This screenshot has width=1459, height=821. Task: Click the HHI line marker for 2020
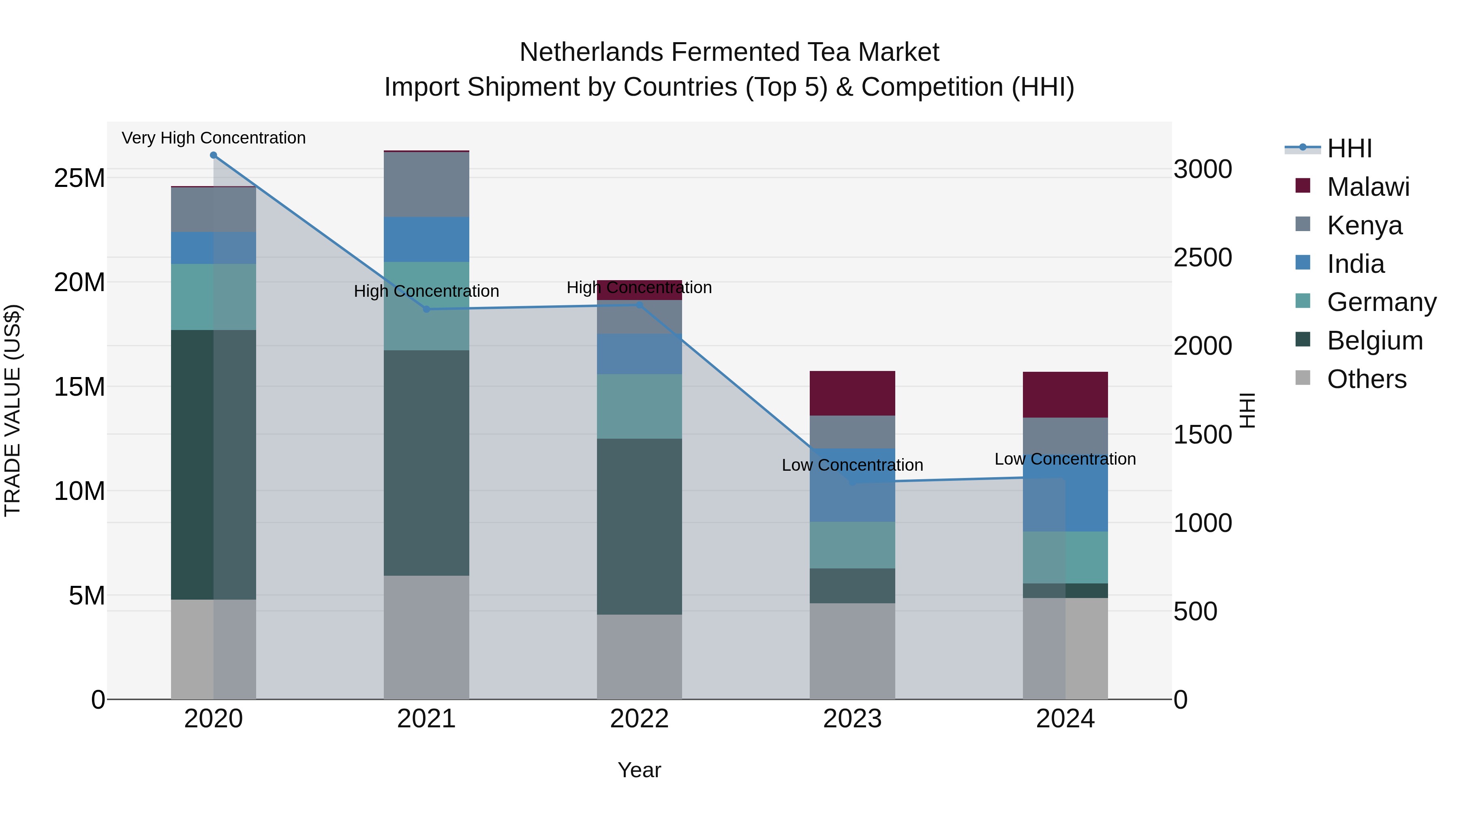pos(214,155)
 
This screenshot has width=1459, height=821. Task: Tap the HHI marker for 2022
pos(640,305)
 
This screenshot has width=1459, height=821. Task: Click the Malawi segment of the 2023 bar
pos(852,393)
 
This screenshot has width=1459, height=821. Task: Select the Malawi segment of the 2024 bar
pos(1065,395)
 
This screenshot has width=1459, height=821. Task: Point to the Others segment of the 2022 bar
pos(640,657)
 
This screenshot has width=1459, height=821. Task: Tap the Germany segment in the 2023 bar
pos(852,545)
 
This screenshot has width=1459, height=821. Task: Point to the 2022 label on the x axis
pos(640,719)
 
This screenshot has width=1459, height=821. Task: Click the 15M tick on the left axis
pos(79,387)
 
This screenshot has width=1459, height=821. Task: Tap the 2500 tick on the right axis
pos(1202,258)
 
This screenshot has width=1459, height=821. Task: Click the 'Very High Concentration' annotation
pos(214,138)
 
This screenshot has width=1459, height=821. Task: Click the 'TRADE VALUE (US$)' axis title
pos(13,410)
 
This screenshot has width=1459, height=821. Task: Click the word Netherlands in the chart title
pos(591,52)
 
